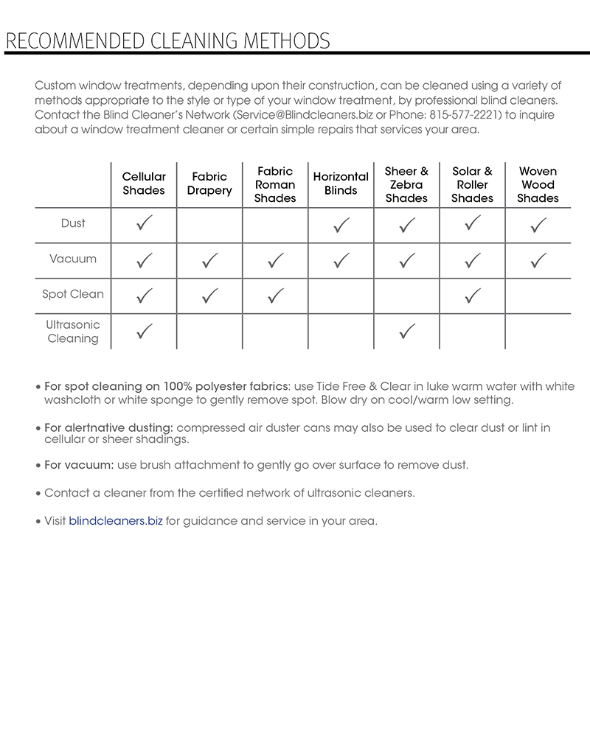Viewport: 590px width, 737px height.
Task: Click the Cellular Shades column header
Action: click(x=144, y=184)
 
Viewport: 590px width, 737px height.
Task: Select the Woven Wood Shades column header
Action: click(x=538, y=184)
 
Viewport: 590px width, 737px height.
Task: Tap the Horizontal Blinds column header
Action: click(x=341, y=184)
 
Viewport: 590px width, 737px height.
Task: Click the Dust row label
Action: click(x=73, y=223)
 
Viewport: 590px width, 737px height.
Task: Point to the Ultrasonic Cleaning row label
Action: click(x=73, y=332)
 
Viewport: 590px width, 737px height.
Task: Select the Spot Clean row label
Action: click(x=73, y=294)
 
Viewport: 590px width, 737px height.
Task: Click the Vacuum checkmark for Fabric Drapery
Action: click(x=210, y=260)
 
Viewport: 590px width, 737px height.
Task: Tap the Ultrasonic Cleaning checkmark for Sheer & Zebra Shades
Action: click(x=406, y=332)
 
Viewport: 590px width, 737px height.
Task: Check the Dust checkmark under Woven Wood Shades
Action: click(x=538, y=225)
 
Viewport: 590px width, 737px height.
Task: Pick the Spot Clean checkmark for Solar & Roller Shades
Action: click(x=473, y=296)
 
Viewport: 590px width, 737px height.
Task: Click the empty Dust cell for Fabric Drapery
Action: click(x=210, y=225)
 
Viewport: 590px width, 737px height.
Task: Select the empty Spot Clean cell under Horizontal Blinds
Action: click(x=341, y=296)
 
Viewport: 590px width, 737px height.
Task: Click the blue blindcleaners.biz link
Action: click(x=116, y=521)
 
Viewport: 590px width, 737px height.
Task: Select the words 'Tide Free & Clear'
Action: click(x=361, y=387)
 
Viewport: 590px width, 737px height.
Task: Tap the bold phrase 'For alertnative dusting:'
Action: click(x=108, y=427)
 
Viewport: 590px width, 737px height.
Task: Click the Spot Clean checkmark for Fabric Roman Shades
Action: click(x=275, y=296)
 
